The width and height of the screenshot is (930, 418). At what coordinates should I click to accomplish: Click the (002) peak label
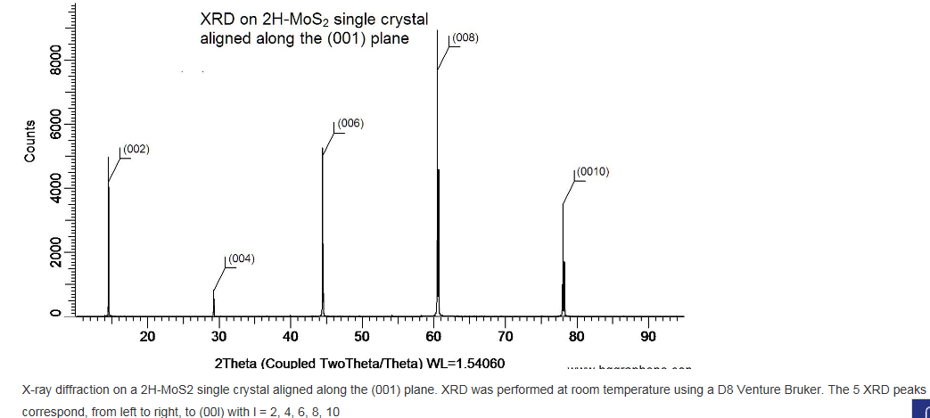coord(136,149)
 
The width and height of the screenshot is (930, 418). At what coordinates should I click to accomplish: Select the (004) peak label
coord(242,259)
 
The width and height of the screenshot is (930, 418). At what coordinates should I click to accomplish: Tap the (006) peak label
coord(350,124)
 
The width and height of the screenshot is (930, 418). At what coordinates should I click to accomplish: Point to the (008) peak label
coord(465,37)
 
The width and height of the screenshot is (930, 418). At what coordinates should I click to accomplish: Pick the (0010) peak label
coord(592,171)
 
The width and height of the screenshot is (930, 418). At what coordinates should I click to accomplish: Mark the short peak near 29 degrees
coord(214,303)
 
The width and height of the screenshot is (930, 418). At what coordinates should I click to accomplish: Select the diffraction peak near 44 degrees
coord(323,232)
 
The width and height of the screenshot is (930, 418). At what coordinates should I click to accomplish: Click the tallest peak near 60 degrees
coord(438,178)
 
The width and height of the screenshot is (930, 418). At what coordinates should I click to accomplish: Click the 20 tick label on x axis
coord(147,337)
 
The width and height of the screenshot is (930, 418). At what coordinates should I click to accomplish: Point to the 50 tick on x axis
coord(362,337)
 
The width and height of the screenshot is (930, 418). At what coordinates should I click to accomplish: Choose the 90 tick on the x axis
coord(648,337)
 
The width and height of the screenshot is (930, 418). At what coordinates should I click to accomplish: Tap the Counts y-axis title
coord(30,141)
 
